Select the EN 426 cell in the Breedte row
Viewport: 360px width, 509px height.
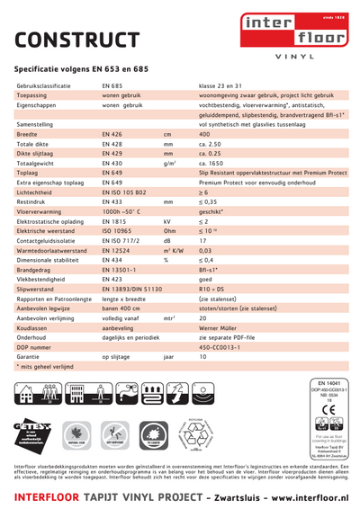coord(112,133)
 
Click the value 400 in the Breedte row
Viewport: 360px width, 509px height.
coord(204,133)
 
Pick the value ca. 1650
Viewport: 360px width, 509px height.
coord(211,163)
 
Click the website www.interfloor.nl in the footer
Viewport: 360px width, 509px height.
coord(298,497)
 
